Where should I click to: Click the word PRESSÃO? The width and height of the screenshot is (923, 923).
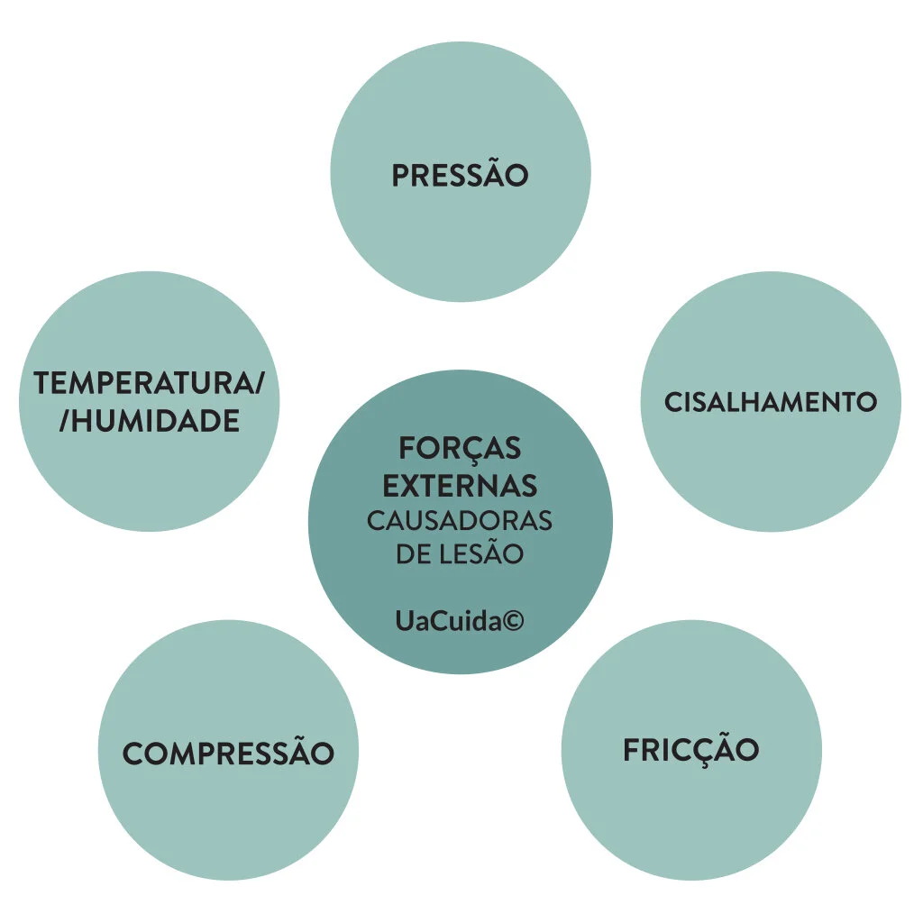point(460,176)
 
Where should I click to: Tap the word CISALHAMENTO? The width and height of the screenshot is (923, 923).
point(771,402)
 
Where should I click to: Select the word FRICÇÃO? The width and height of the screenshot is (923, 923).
point(691,750)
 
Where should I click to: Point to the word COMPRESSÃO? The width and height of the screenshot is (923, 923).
point(228,754)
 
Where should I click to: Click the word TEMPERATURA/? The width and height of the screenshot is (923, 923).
point(150,383)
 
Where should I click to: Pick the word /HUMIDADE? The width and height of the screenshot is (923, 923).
point(150,421)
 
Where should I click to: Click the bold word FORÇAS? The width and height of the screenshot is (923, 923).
point(460,448)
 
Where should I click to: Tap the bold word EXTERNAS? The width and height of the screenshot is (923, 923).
point(460,486)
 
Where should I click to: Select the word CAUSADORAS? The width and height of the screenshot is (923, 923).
point(460,521)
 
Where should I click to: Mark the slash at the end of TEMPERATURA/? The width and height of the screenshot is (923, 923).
point(260,383)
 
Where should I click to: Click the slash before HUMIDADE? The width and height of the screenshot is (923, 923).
point(64,421)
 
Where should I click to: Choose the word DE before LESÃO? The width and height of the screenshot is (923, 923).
point(412,554)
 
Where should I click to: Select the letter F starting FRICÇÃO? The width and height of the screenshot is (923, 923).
point(632,750)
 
